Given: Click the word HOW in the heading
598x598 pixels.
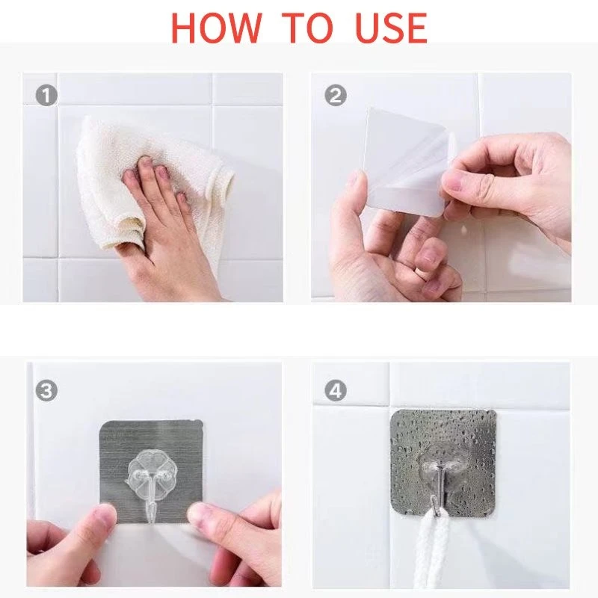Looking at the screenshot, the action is point(216,28).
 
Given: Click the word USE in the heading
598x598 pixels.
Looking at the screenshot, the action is point(390,28).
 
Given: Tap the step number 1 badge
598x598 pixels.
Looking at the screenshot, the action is point(46,95).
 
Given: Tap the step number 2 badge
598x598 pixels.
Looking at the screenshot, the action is point(336,95).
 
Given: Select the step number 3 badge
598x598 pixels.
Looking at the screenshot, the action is point(46,390).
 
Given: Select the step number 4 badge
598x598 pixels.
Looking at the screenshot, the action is point(336,390).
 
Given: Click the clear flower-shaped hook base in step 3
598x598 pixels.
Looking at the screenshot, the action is point(147,470).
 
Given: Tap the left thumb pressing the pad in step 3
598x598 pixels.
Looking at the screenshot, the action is point(96,523).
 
